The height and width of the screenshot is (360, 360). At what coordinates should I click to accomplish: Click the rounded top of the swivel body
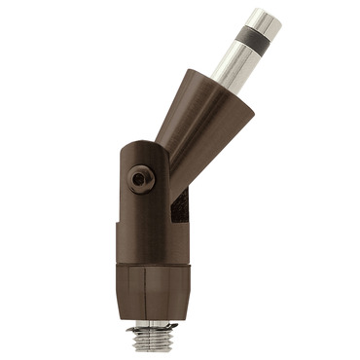(x=146, y=148)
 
